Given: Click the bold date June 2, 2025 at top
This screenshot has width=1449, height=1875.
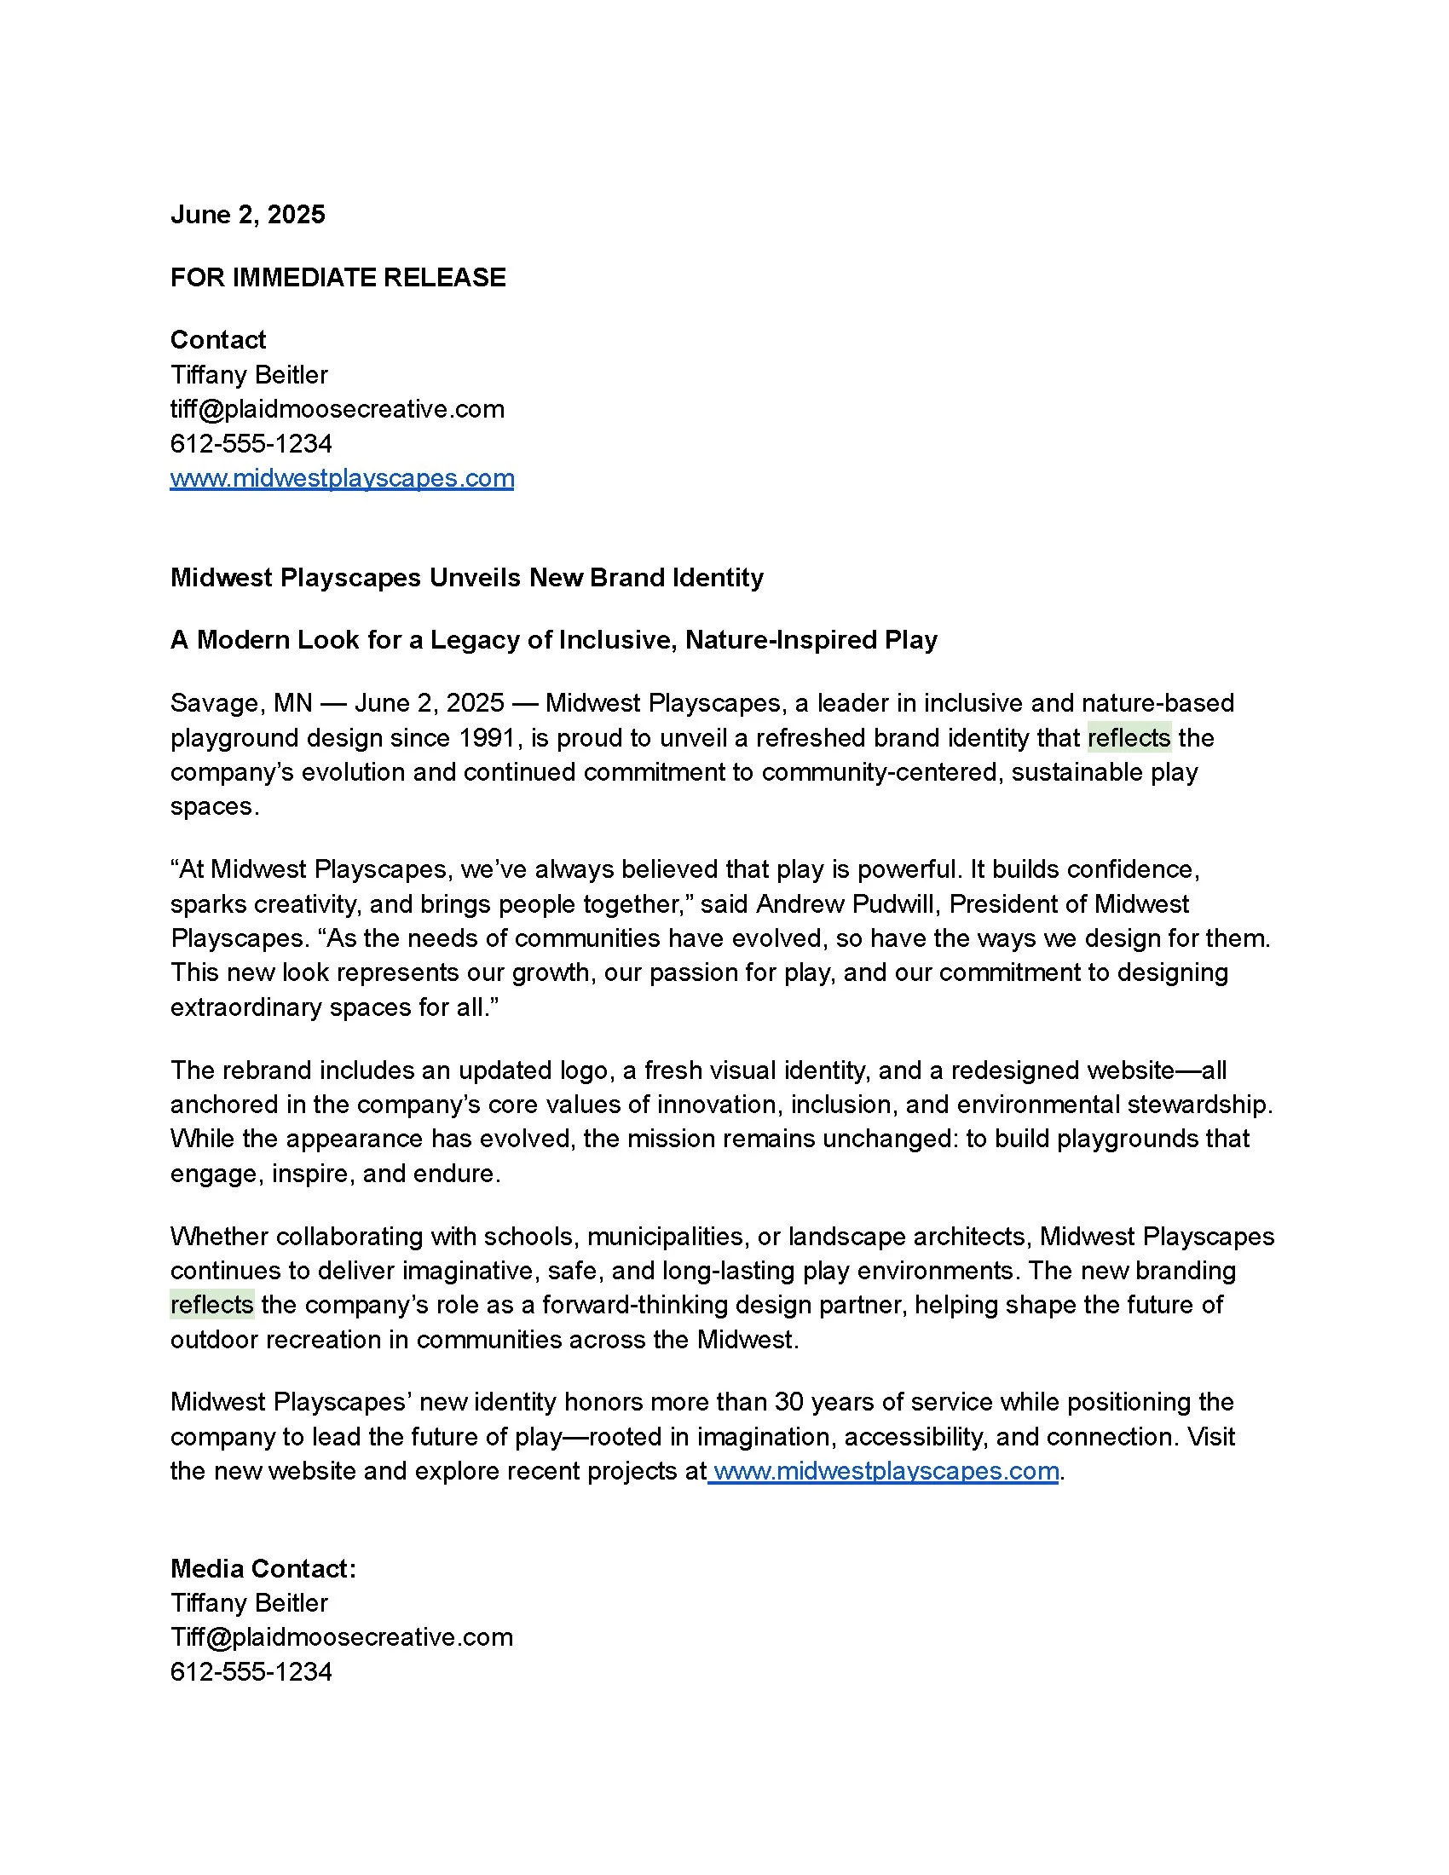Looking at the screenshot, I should pos(247,215).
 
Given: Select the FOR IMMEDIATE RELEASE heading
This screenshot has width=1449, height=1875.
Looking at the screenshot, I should pos(338,277).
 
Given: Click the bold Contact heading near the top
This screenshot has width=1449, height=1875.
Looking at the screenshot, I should pos(218,340).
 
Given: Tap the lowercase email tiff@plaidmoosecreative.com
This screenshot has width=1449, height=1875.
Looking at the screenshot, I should pos(338,408).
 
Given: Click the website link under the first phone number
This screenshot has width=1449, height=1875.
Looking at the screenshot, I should pos(342,478).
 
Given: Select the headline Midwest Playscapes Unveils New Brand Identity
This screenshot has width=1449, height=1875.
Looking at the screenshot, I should pos(466,577).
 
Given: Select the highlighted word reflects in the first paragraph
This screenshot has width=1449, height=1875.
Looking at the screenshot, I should pos(1128,737).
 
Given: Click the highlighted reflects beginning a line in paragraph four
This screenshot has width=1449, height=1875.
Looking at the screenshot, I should pos(212,1304).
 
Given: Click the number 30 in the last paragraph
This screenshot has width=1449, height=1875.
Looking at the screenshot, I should pos(789,1402).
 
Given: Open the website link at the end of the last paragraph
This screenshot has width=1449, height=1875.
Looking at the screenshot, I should pos(885,1471).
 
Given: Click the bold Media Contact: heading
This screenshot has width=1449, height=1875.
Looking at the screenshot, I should pos(263,1568).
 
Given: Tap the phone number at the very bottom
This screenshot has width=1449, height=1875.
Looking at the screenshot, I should pos(251,1671).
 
